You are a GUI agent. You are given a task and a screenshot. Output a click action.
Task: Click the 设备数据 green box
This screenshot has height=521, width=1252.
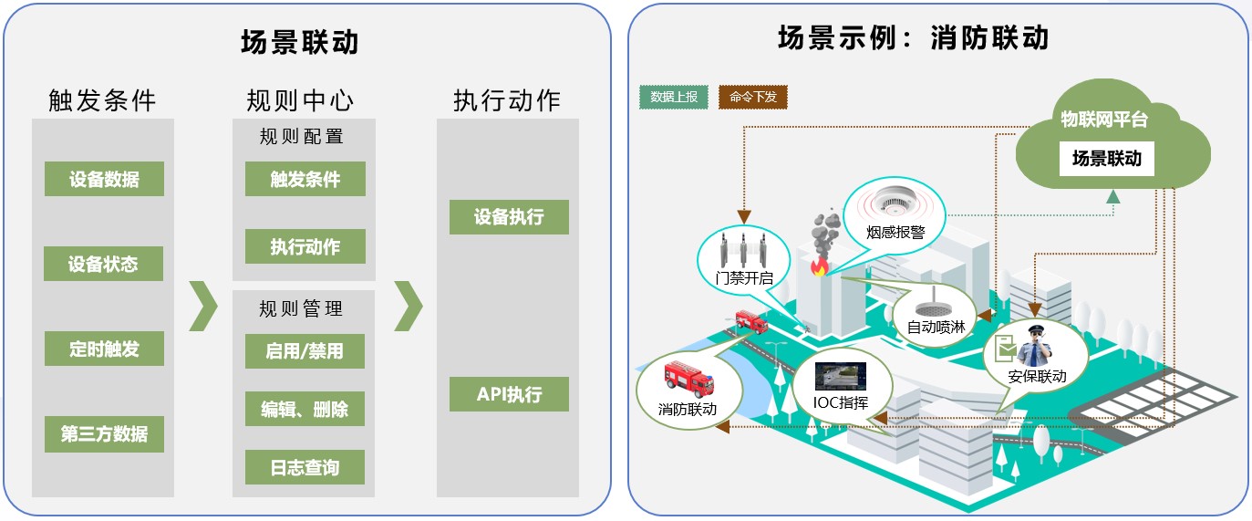tap(104, 179)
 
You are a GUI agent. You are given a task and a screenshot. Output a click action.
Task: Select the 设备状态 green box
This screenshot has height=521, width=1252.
tap(104, 265)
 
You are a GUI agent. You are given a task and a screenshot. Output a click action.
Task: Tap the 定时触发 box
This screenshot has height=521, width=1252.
tap(104, 349)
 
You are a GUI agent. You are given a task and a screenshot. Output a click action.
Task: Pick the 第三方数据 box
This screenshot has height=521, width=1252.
tap(104, 434)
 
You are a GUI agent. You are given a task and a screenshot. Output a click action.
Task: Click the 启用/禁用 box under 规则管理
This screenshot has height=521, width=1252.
tap(305, 351)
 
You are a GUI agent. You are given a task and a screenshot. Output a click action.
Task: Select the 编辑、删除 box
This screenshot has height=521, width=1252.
tap(305, 409)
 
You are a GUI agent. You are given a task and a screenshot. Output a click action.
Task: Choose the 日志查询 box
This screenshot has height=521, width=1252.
tap(305, 467)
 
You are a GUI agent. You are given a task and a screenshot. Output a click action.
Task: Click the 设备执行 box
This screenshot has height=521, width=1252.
tap(509, 217)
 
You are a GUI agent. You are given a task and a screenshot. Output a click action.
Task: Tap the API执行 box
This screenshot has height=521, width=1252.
tap(509, 394)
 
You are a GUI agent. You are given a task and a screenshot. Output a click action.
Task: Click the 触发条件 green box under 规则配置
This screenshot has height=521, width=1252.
tap(305, 179)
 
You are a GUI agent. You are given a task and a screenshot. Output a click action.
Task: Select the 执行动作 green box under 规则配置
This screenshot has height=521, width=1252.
tap(305, 246)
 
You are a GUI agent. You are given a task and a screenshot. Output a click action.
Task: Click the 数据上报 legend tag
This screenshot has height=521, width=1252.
tap(674, 97)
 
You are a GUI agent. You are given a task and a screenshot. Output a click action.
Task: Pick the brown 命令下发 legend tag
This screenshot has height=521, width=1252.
tap(752, 97)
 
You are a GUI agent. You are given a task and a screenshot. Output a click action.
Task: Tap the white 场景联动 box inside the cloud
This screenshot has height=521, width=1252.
tap(1106, 159)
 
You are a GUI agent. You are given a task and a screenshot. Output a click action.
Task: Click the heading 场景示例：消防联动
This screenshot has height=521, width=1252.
tap(913, 38)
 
